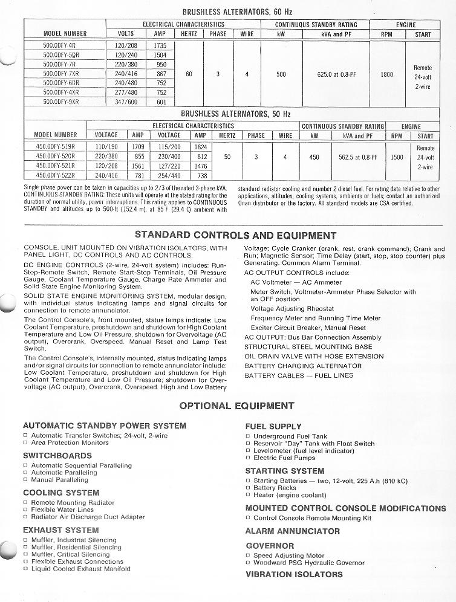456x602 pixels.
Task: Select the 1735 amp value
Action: coord(160,45)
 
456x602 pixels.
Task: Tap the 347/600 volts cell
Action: coord(126,102)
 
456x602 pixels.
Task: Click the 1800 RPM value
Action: coord(387,74)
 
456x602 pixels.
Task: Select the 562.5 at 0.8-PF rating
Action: coord(358,157)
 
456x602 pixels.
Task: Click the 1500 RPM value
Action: coord(397,157)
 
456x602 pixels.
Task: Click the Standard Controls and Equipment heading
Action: coord(235,235)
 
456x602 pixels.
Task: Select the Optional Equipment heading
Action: coord(228,406)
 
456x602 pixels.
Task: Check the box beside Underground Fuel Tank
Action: coord(248,436)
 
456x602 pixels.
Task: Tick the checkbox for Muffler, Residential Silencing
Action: coord(25,548)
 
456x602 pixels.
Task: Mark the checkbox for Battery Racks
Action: coord(248,488)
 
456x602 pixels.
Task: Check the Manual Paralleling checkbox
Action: coord(25,480)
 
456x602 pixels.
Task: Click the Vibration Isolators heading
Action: coord(294,574)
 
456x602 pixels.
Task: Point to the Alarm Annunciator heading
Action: coord(292,531)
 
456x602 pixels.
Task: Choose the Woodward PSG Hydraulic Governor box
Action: coord(248,563)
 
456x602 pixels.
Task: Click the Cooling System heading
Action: coord(61,493)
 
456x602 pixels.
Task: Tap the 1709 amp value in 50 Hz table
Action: coord(138,147)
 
